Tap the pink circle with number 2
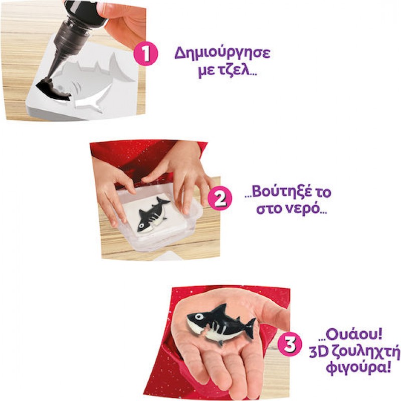tap(220, 199)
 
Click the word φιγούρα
tap(351, 369)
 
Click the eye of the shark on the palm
tap(199, 317)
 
